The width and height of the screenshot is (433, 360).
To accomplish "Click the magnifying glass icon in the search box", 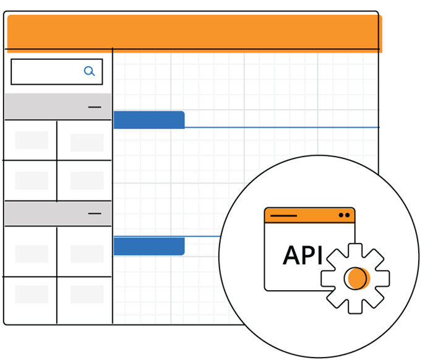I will pyautogui.click(x=90, y=71).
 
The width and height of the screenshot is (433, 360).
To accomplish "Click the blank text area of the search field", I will pyautogui.click(x=46, y=72).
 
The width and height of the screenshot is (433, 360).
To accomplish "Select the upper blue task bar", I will pyautogui.click(x=148, y=120).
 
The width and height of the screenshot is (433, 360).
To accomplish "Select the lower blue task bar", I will pyautogui.click(x=148, y=246).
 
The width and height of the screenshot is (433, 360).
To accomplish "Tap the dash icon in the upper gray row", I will pyautogui.click(x=95, y=107).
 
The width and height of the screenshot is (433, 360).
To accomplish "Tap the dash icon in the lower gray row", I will pyautogui.click(x=95, y=213).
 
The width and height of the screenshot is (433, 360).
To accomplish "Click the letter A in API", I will pyautogui.click(x=292, y=255).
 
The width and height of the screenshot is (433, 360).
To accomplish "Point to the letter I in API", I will pyautogui.click(x=320, y=255).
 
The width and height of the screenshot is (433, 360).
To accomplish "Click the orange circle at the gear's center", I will pyautogui.click(x=356, y=278).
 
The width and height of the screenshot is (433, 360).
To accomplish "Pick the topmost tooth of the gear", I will pyautogui.click(x=355, y=247).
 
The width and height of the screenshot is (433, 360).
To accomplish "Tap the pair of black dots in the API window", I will pyautogui.click(x=344, y=215).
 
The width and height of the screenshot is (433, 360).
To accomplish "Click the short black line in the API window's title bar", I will pyautogui.click(x=283, y=216).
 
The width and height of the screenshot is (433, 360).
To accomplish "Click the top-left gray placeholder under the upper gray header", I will pyautogui.click(x=31, y=140).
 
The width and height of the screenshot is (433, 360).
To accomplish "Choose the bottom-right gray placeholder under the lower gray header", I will pyautogui.click(x=87, y=294).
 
